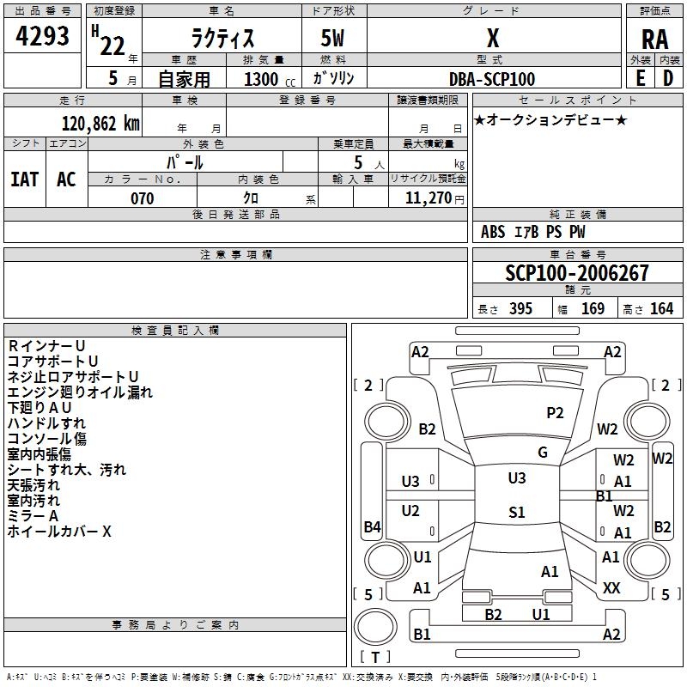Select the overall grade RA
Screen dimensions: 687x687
pyautogui.click(x=654, y=40)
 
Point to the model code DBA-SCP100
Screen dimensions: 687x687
pyautogui.click(x=492, y=79)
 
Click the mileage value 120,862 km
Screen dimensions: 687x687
pyautogui.click(x=100, y=124)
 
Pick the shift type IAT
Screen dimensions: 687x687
pyautogui.click(x=24, y=179)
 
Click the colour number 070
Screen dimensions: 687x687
pyautogui.click(x=142, y=198)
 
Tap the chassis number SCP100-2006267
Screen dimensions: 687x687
pyautogui.click(x=577, y=273)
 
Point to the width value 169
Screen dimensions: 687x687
pyautogui.click(x=593, y=309)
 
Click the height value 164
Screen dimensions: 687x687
pyautogui.click(x=661, y=309)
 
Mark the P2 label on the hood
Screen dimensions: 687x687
pyautogui.click(x=556, y=413)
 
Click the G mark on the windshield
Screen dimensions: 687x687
pyautogui.click(x=543, y=453)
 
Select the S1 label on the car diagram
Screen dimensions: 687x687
pyautogui.click(x=516, y=513)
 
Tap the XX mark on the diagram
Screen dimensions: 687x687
pyautogui.click(x=611, y=588)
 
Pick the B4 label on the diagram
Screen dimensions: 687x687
pyautogui.click(x=372, y=527)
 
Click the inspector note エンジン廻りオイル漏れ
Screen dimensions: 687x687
pyautogui.click(x=80, y=392)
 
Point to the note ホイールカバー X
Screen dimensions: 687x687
pyautogui.click(x=59, y=532)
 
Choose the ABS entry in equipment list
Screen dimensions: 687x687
pyautogui.click(x=493, y=232)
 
